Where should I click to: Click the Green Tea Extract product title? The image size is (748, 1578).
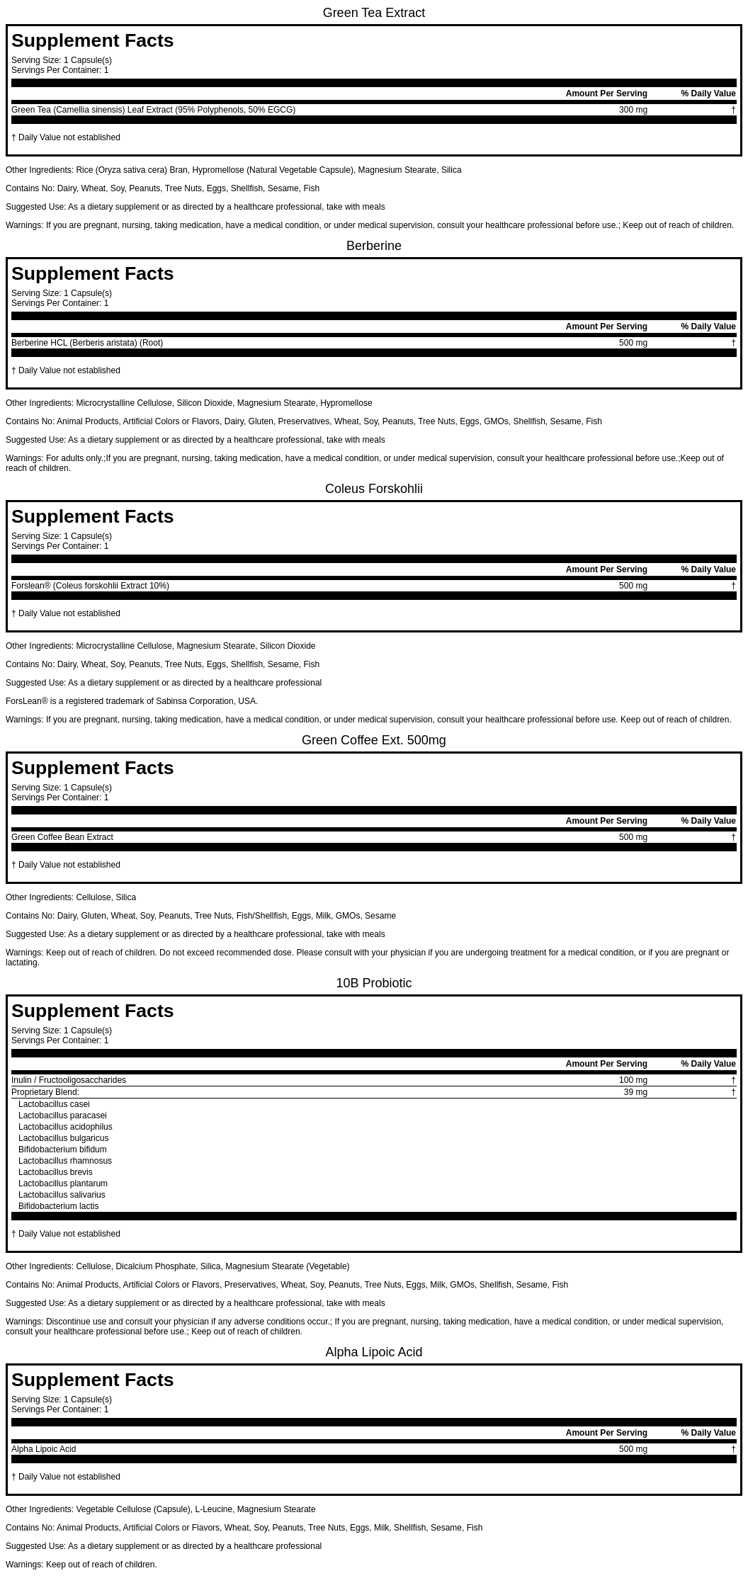tap(373, 13)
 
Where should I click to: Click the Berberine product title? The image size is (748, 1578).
tap(373, 246)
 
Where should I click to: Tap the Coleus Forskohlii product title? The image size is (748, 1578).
tap(373, 489)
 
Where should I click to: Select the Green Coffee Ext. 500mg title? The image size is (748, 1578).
tap(373, 740)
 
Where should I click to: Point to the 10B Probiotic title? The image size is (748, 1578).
tap(373, 983)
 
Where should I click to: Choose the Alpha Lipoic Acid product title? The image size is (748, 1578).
tap(373, 1352)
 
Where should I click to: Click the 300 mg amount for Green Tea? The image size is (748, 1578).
tap(633, 110)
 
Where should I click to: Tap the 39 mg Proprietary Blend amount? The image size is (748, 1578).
tap(635, 1092)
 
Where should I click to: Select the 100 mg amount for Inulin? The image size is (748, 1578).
tap(633, 1080)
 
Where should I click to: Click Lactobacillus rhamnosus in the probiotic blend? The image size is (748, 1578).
tap(65, 1161)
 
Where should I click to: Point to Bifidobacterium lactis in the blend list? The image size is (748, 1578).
tap(59, 1206)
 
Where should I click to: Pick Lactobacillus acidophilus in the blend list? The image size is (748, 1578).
tap(65, 1127)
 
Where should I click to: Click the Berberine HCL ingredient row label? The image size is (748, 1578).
tap(87, 343)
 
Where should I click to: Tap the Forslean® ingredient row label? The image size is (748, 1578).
tap(90, 586)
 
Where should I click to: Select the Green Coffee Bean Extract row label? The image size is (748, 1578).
tap(62, 837)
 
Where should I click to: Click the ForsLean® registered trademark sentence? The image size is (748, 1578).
tap(132, 701)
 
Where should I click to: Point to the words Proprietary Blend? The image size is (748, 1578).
tap(45, 1092)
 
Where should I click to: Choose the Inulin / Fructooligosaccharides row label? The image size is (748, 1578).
tap(69, 1080)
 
